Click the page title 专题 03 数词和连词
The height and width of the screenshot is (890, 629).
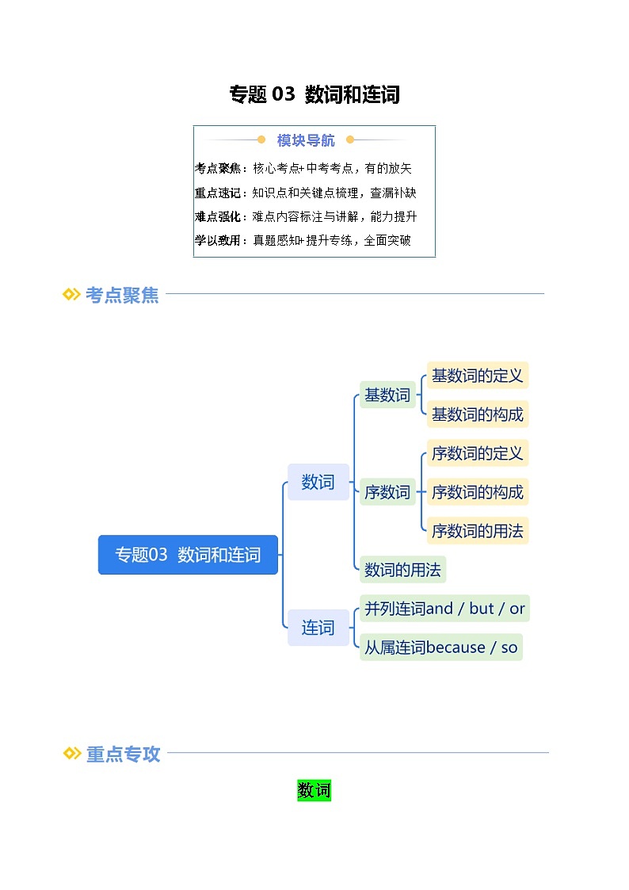point(314,95)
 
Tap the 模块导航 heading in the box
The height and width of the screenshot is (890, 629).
point(306,140)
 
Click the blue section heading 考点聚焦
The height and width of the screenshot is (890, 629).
point(122,295)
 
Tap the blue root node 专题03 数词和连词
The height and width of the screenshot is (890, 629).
point(188,555)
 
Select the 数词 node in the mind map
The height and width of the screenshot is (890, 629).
point(318,482)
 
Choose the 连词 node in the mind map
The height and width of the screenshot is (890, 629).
point(318,628)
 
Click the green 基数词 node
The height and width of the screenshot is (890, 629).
point(387,395)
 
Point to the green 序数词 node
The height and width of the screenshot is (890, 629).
point(387,492)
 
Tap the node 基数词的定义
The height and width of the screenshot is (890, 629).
point(477,376)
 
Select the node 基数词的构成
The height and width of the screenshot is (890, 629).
point(477,414)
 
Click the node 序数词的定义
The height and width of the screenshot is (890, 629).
point(477,453)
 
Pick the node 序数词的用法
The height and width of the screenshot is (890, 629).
point(477,530)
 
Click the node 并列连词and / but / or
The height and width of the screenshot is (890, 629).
point(444,609)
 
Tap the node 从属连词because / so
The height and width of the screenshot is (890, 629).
point(440,647)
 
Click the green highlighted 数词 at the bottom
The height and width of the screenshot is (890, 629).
point(314,790)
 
